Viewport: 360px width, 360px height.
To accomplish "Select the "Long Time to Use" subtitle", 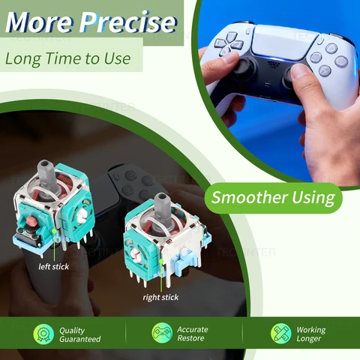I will click(x=67, y=58).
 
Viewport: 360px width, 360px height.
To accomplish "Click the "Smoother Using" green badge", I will click(x=272, y=198).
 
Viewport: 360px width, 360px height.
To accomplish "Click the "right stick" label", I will click(x=160, y=297).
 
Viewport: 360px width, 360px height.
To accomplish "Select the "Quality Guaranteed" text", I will click(x=79, y=334).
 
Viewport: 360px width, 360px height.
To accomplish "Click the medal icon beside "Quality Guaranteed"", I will click(x=43, y=334).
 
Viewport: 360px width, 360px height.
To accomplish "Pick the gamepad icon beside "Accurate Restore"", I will click(x=162, y=334).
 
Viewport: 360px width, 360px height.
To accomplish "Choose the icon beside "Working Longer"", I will click(x=280, y=334).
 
